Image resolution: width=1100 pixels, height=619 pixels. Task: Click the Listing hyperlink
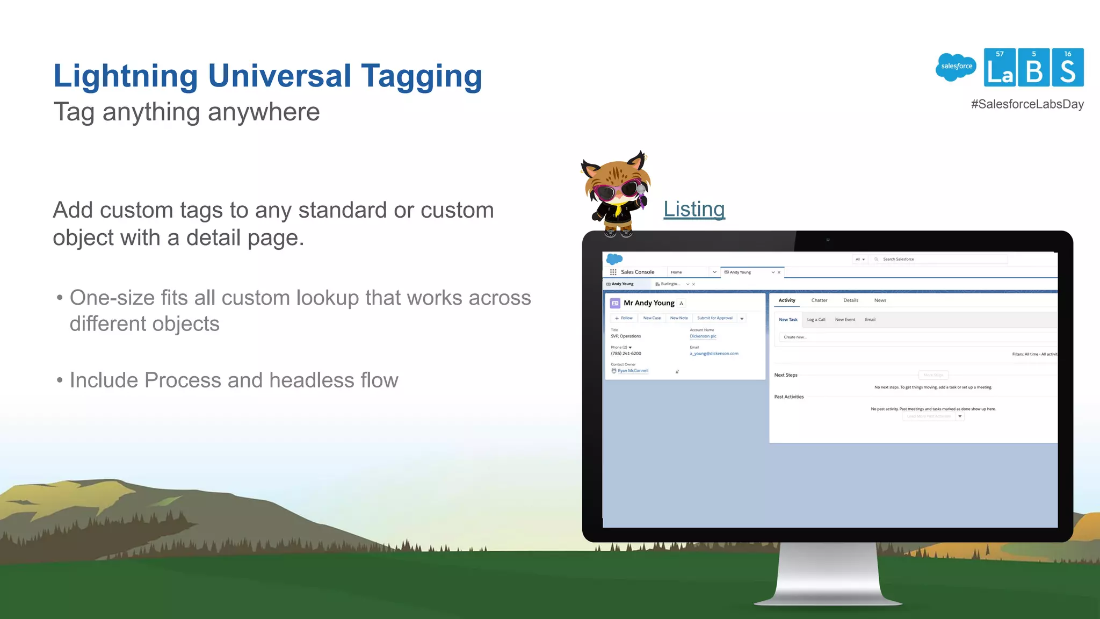[x=694, y=209]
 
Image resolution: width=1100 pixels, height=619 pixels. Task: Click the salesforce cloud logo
[x=956, y=67]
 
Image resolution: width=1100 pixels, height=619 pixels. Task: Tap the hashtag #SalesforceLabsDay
[x=1027, y=104]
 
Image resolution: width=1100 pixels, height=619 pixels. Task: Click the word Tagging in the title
[x=421, y=76]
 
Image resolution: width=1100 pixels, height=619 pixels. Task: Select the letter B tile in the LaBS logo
[x=1033, y=68]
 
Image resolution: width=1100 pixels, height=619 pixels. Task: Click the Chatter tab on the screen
[x=819, y=300]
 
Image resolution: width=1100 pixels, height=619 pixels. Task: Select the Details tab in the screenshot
[x=851, y=300]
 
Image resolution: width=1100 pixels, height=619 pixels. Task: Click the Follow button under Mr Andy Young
[x=624, y=318]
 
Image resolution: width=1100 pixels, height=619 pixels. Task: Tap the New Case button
[x=652, y=318]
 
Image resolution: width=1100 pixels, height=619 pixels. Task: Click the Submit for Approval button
[x=714, y=318]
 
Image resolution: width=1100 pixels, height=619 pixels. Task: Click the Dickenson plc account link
[x=703, y=336]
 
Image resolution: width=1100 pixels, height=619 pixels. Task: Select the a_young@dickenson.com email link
[x=714, y=354]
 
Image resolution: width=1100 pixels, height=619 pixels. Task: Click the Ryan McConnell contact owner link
[x=633, y=371]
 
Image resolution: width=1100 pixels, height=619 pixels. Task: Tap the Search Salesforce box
[x=940, y=259]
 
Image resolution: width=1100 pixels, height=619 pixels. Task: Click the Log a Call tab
[x=816, y=320]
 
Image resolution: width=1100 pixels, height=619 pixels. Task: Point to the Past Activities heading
[x=789, y=397]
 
